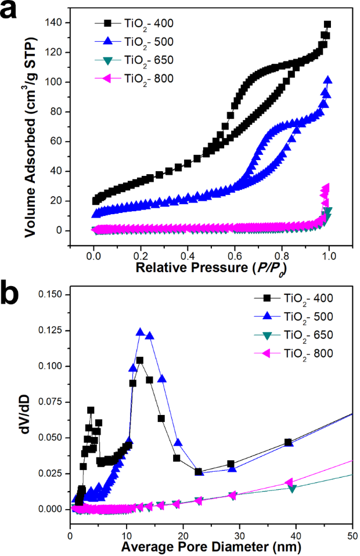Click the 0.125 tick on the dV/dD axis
click(53, 330)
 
